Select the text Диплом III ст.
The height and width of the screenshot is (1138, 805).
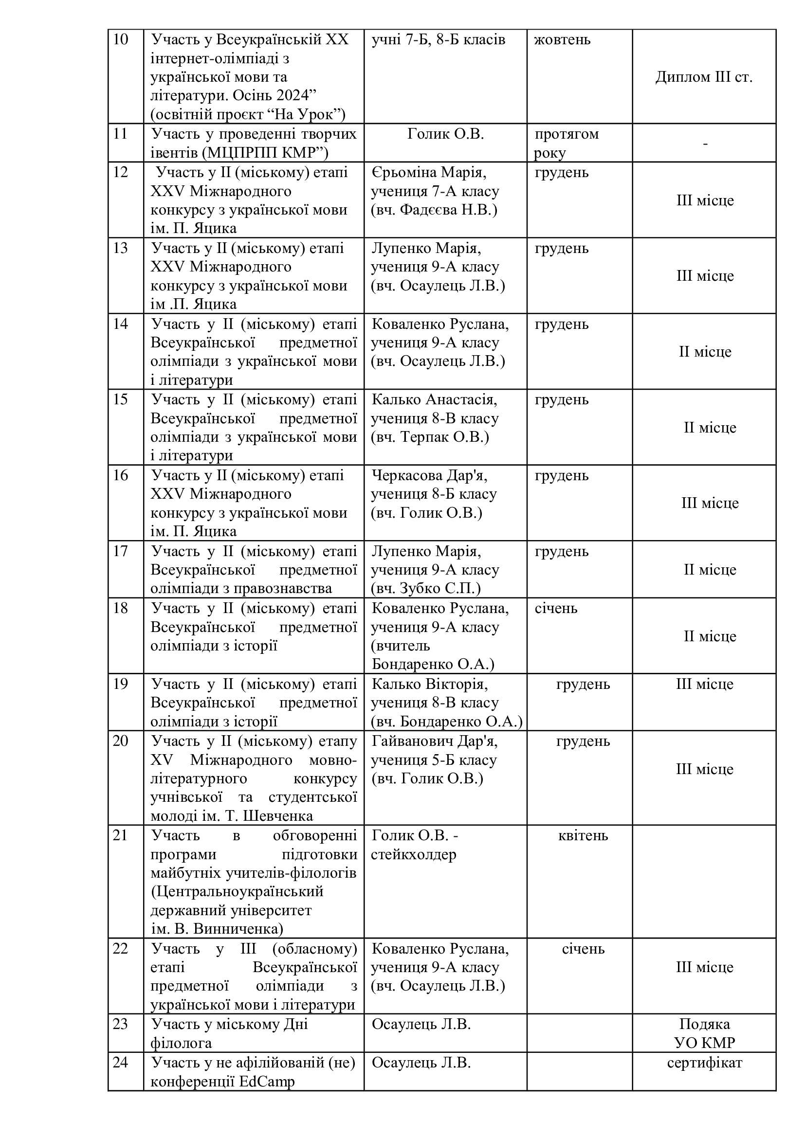704,77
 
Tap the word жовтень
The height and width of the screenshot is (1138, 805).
562,39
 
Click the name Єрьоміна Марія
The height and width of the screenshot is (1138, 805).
429,173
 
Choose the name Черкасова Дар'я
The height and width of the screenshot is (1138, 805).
429,475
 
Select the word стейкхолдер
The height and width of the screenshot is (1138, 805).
413,854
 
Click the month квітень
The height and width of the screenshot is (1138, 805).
583,836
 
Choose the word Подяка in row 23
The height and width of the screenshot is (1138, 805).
704,1024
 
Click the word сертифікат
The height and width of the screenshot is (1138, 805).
704,1063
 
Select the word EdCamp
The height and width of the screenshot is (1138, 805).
267,1081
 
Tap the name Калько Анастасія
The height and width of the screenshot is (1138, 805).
434,399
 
